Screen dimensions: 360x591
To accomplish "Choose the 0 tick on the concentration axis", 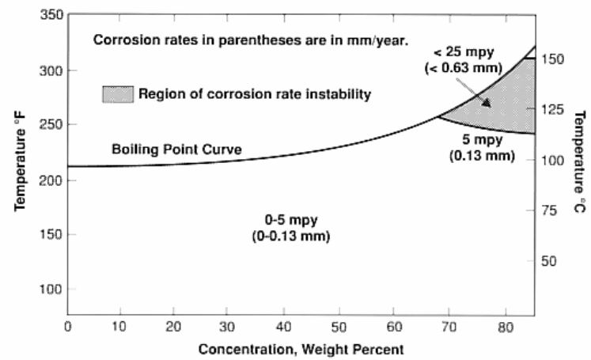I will (x=68, y=314).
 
